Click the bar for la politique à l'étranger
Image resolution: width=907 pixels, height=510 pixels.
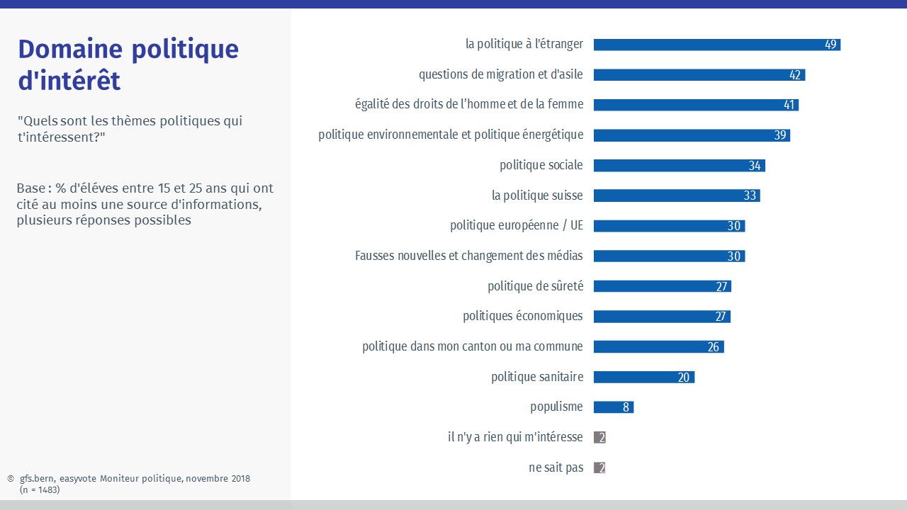[716, 45]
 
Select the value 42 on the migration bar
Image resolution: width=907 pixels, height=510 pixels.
[795, 75]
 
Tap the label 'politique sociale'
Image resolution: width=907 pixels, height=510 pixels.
[541, 165]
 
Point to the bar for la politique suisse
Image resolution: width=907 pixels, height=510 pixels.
[676, 195]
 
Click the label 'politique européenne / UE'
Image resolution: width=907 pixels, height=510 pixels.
[517, 226]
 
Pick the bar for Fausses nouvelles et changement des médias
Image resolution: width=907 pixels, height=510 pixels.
[668, 256]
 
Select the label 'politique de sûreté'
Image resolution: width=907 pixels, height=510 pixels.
[536, 286]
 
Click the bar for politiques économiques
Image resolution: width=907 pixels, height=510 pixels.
[661, 317]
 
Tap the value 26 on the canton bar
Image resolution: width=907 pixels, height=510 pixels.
[714, 347]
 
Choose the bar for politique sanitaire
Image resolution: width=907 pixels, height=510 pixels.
[643, 378]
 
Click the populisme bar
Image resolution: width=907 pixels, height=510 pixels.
[613, 407]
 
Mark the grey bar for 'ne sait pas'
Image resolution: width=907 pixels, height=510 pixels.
[599, 467]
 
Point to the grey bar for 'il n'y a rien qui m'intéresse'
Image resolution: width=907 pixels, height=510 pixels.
[599, 438]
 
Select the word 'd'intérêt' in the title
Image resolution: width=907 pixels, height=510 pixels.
[69, 81]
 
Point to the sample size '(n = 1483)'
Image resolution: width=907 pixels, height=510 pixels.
[40, 489]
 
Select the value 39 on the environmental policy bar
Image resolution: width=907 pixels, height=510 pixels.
[780, 135]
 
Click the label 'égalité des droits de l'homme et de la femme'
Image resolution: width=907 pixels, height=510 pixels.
[469, 105]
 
